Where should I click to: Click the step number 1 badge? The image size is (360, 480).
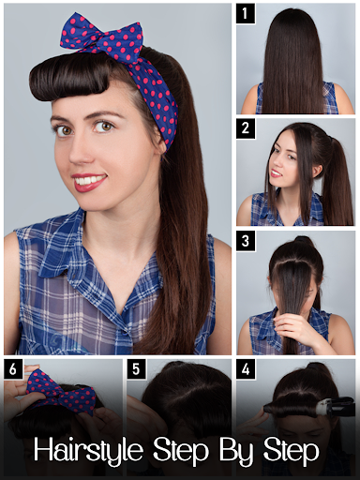point(246,14)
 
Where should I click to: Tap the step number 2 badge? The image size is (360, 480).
point(246,128)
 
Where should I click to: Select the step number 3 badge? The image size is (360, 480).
point(246,241)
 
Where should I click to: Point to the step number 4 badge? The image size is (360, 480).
point(246,369)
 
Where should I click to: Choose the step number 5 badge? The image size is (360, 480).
point(136,369)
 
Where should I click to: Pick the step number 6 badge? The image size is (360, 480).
point(13,369)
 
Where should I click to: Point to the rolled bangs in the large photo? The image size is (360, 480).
point(70,79)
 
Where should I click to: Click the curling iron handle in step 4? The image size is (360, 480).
point(339,405)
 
